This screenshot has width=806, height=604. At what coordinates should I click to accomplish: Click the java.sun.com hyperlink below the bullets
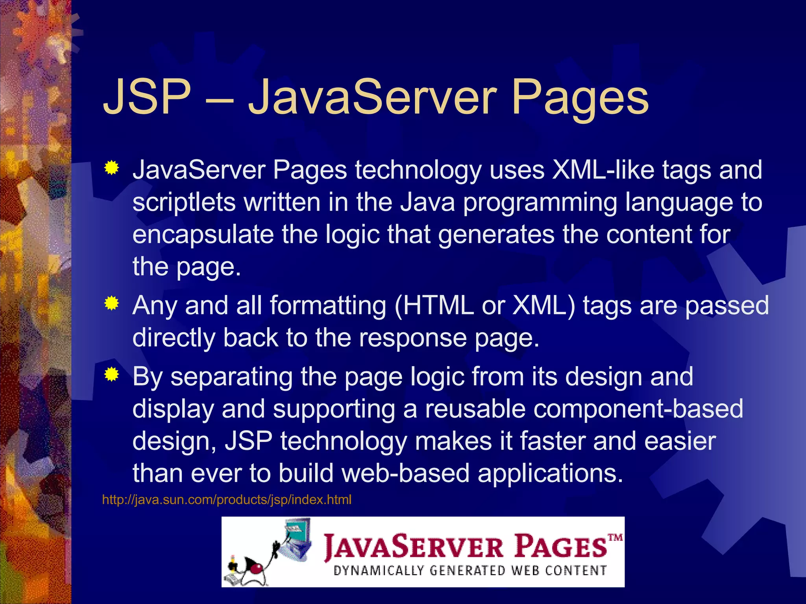pos(226,500)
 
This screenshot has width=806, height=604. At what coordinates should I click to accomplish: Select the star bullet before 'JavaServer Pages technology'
pos(112,168)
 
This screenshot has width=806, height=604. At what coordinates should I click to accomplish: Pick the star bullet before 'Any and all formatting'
pos(112,303)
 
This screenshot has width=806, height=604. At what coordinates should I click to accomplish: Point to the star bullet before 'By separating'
pos(112,375)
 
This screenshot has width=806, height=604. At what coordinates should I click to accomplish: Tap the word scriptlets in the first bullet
pos(184,202)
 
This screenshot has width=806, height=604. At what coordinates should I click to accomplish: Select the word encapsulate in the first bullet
pos(203,235)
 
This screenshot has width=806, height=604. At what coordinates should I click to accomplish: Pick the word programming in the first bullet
pos(540,203)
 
